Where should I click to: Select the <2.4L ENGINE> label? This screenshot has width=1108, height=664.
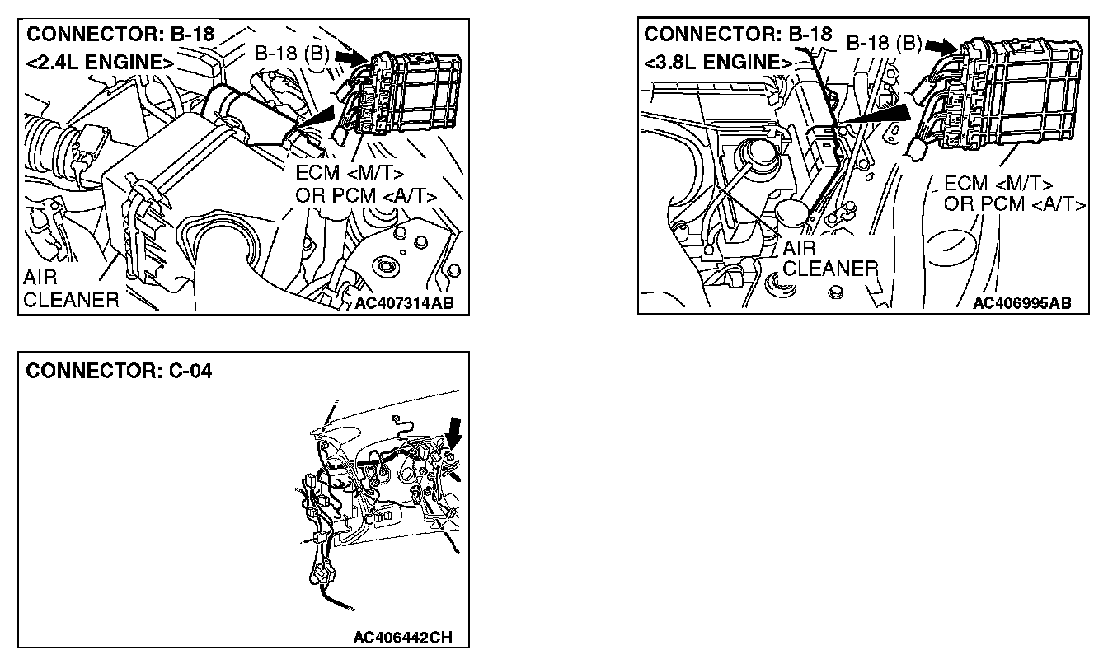(x=100, y=63)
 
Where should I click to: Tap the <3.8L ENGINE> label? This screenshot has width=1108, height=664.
(x=714, y=62)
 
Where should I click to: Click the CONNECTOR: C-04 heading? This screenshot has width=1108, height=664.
(x=120, y=372)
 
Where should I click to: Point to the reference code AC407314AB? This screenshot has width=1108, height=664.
(x=404, y=302)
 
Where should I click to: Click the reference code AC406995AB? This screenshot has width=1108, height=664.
(x=1021, y=302)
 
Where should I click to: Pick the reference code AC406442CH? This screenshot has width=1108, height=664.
(x=402, y=638)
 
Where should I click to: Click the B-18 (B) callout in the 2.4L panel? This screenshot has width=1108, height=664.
(x=293, y=54)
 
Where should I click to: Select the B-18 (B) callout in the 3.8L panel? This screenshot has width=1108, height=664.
(x=884, y=43)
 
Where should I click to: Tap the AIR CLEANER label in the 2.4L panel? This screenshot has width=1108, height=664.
(x=71, y=288)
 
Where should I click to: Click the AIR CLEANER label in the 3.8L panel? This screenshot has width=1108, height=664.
(x=829, y=258)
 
